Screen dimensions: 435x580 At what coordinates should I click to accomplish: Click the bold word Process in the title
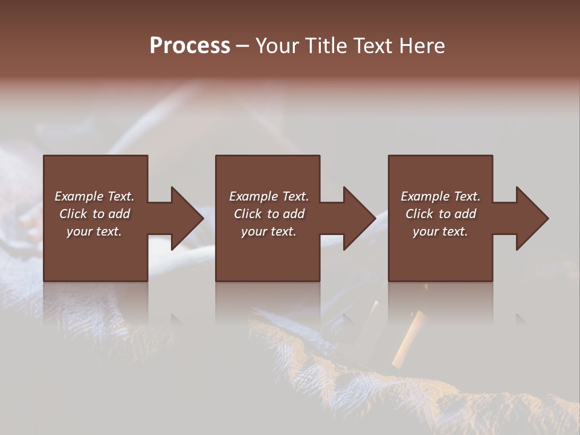coord(190,46)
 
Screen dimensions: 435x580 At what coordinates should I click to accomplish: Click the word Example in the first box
coord(79,196)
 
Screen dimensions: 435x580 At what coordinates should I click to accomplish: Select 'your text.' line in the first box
coord(94,231)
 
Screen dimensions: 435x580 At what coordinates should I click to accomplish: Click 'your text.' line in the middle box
coord(269,231)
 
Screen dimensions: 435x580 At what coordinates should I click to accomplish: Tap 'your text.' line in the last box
coord(440,231)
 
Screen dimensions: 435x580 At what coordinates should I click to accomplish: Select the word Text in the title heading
coord(372,46)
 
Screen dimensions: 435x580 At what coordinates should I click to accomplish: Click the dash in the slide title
coord(242,46)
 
